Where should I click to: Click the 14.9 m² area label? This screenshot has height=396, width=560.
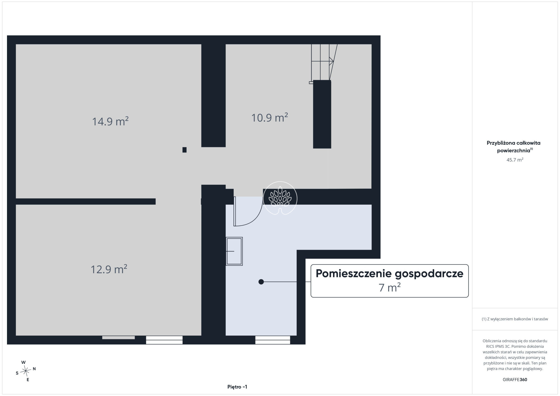pos(110,121)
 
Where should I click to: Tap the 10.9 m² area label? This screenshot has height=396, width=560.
pos(269,118)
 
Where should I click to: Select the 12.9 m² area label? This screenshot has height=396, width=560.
pos(109,269)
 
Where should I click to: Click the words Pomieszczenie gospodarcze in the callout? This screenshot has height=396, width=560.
pos(389,273)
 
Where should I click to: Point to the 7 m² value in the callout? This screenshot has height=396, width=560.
pos(390,287)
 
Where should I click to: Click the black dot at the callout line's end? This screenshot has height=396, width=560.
pos(261,282)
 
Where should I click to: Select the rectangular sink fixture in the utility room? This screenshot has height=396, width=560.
pos(234,251)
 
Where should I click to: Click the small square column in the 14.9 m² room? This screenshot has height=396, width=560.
pos(184,150)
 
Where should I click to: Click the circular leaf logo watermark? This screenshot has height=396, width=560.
pos(280,198)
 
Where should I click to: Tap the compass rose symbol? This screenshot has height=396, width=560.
pos(26,370)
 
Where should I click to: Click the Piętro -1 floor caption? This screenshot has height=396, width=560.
pos(237,387)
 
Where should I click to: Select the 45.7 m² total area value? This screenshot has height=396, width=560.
pos(515,160)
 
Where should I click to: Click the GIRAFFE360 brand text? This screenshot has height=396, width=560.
pos(515,379)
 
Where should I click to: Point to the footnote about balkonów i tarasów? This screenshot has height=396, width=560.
pos(515,319)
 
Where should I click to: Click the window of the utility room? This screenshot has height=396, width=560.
pos(273,340)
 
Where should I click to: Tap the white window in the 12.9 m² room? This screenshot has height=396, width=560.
pos(164,340)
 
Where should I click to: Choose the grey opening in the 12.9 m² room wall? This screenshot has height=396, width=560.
pos(119,337)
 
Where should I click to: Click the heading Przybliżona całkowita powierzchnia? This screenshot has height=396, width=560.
pos(514,147)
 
